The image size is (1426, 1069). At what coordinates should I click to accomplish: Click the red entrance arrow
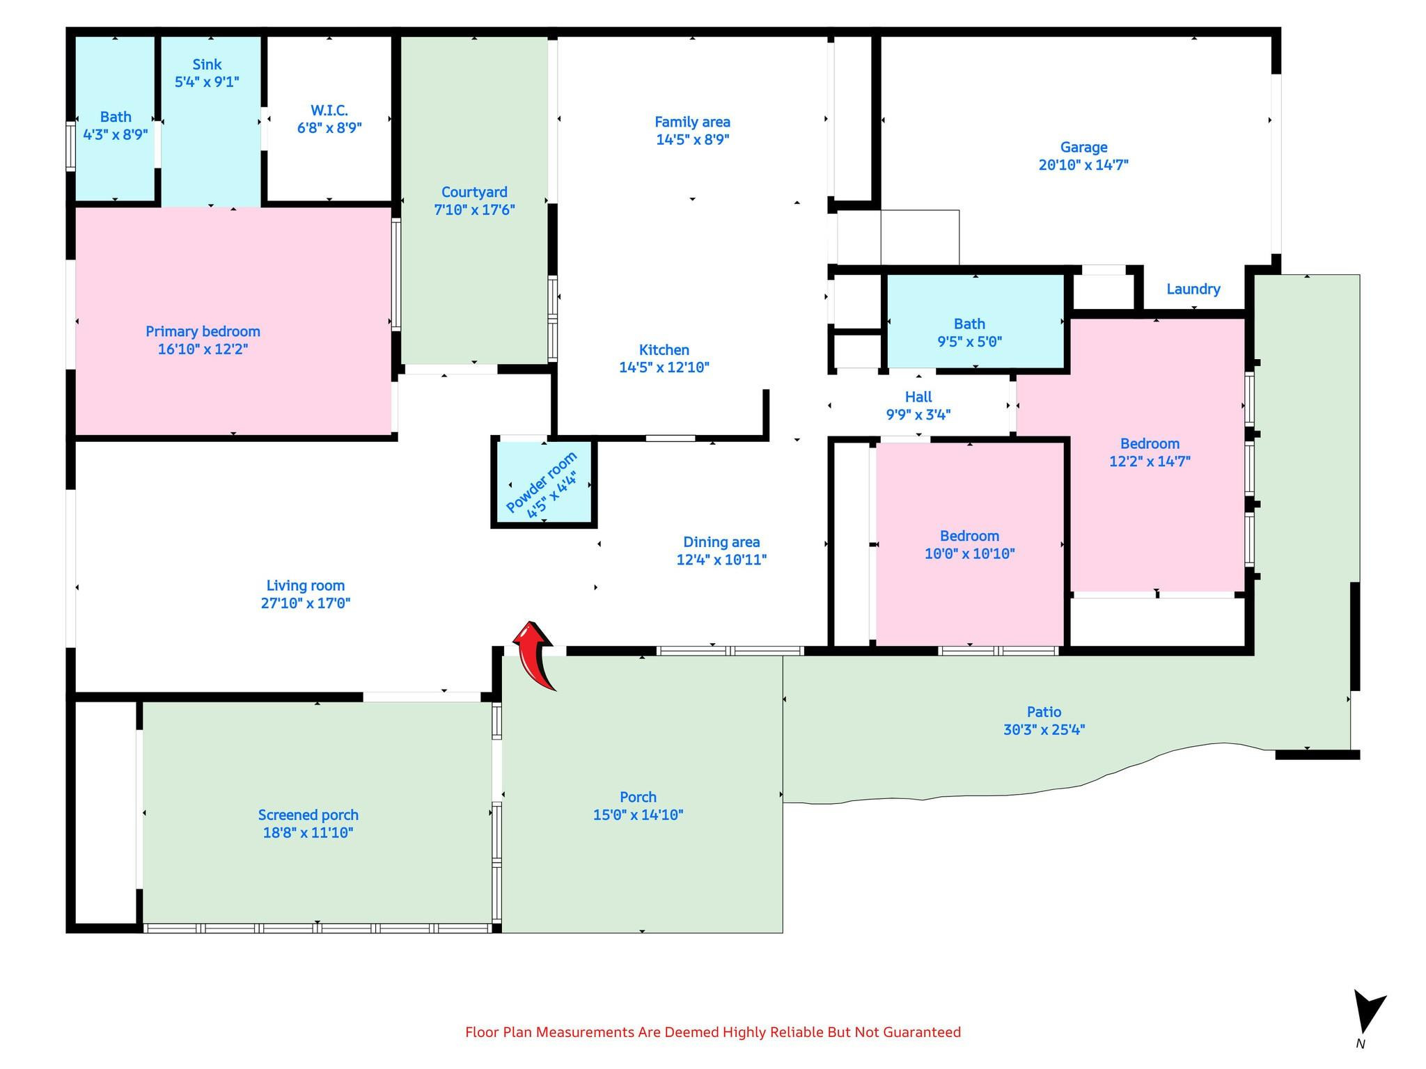[535, 654]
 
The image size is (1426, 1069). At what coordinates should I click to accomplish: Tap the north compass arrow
[1368, 1013]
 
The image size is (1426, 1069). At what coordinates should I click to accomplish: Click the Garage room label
[1083, 147]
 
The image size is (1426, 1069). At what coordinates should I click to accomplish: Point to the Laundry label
[1193, 289]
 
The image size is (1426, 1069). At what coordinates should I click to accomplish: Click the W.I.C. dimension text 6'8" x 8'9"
[329, 128]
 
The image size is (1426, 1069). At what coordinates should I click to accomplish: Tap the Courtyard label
[474, 192]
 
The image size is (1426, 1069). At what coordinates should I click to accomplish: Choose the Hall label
[918, 397]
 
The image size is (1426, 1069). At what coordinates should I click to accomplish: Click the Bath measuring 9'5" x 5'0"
[975, 322]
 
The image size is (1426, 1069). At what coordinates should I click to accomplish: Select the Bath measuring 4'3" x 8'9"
[115, 118]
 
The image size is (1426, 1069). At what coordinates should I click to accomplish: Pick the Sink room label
[207, 64]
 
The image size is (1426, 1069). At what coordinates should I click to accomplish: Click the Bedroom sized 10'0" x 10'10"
[969, 544]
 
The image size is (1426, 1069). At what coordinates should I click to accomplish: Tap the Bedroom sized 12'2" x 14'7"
[1157, 454]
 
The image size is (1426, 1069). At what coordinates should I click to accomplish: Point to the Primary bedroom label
[203, 331]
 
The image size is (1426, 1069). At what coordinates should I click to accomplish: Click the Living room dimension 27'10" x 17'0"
[306, 603]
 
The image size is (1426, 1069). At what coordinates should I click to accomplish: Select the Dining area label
[721, 542]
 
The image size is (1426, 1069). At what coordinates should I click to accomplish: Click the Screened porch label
[308, 815]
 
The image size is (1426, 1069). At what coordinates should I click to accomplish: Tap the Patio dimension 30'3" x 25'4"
[1044, 729]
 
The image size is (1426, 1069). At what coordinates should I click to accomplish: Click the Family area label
[692, 122]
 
